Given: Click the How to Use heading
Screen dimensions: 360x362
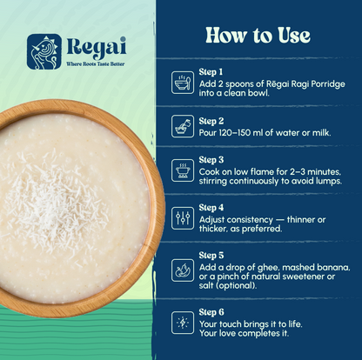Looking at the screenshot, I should [x=258, y=36].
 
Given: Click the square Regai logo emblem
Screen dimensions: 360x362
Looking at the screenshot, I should [x=44, y=50].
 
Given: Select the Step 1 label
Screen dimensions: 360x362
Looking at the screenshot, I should [x=211, y=71].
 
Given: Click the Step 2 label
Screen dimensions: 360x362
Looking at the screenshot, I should [x=211, y=120].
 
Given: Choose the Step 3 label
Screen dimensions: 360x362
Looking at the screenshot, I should [x=211, y=161].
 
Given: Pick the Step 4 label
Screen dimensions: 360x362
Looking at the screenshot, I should [x=211, y=208].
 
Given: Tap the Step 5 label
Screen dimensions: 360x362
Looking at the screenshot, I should [x=211, y=256].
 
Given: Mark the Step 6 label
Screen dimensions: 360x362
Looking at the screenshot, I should [x=211, y=311].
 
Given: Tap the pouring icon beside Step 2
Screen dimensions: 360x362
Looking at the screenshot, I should [x=183, y=126].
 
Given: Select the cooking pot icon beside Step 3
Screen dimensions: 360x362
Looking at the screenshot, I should [x=183, y=170].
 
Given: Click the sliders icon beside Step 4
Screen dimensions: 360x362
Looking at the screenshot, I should [x=183, y=217].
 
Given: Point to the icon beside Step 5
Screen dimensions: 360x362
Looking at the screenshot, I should [x=183, y=270].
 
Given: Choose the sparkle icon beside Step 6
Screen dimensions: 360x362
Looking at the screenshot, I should [x=183, y=322].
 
